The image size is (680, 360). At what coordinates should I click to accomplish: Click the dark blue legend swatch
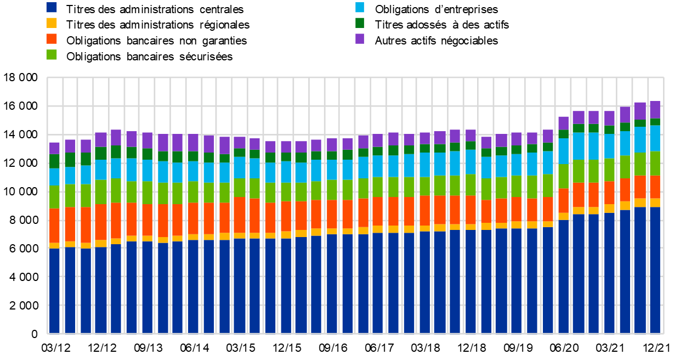(52, 7)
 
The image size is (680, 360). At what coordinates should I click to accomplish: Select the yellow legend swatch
(52, 23)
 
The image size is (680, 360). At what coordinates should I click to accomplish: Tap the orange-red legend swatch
(52, 38)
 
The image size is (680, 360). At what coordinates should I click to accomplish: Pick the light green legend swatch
(52, 54)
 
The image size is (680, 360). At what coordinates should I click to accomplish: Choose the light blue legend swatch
(360, 7)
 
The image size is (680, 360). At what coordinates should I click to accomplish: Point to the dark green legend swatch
(360, 23)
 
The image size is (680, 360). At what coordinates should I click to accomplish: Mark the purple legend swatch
(360, 38)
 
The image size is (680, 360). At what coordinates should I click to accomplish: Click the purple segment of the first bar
(54, 148)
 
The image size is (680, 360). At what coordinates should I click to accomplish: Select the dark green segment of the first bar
(54, 161)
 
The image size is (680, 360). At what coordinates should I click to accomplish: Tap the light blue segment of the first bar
(54, 177)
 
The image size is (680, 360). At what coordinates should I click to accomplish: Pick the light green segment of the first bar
(54, 196)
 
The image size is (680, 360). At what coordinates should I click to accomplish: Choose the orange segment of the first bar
(54, 226)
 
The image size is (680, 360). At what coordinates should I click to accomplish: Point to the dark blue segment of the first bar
(54, 291)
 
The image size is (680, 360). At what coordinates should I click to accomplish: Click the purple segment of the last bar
(655, 109)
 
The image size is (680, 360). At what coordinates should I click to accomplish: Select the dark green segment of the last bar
(655, 122)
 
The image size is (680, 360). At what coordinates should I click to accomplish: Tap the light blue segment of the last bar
(655, 138)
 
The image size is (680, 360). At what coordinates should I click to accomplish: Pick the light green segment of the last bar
(655, 164)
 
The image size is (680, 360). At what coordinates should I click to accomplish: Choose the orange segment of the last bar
(655, 187)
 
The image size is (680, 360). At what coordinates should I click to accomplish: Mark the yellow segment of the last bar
(655, 203)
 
